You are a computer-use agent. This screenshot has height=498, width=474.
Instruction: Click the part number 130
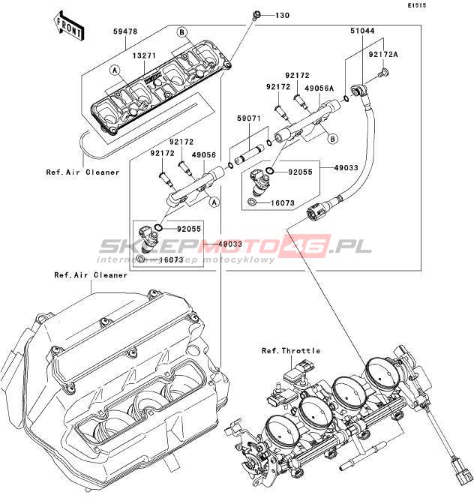(280, 16)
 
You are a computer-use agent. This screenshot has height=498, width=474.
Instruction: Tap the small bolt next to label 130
(258, 14)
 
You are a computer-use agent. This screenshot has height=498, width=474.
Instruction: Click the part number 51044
(363, 31)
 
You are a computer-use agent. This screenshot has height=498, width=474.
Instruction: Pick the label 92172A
(383, 55)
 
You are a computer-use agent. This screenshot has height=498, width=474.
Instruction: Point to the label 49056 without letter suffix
(203, 154)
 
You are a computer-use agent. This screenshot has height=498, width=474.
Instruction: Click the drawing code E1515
(438, 6)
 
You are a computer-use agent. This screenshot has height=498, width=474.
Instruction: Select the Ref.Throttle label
(291, 351)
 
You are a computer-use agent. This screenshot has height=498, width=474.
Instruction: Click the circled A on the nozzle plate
(115, 70)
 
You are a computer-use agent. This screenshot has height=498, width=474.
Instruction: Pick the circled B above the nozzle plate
(181, 31)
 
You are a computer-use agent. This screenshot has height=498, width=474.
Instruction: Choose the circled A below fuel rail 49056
(213, 201)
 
